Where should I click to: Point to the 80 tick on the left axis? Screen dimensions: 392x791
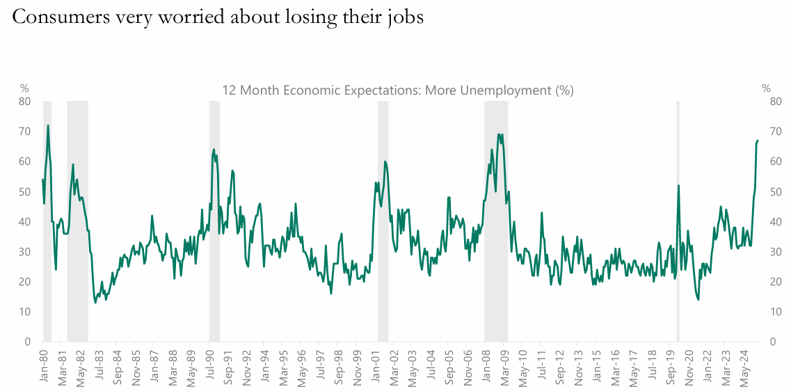coord(25,102)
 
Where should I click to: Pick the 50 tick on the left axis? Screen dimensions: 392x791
coord(25,191)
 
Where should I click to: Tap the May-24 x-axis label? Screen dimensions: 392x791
coord(749,366)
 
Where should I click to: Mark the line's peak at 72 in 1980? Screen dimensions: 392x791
coord(48,125)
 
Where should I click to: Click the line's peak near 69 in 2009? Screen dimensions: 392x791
coord(500,134)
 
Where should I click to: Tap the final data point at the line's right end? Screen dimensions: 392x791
coord(758,141)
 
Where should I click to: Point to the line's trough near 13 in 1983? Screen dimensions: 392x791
coord(95,302)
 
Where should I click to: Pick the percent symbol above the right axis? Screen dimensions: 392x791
coord(766,88)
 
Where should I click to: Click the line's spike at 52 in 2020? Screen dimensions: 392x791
coord(678,185)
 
